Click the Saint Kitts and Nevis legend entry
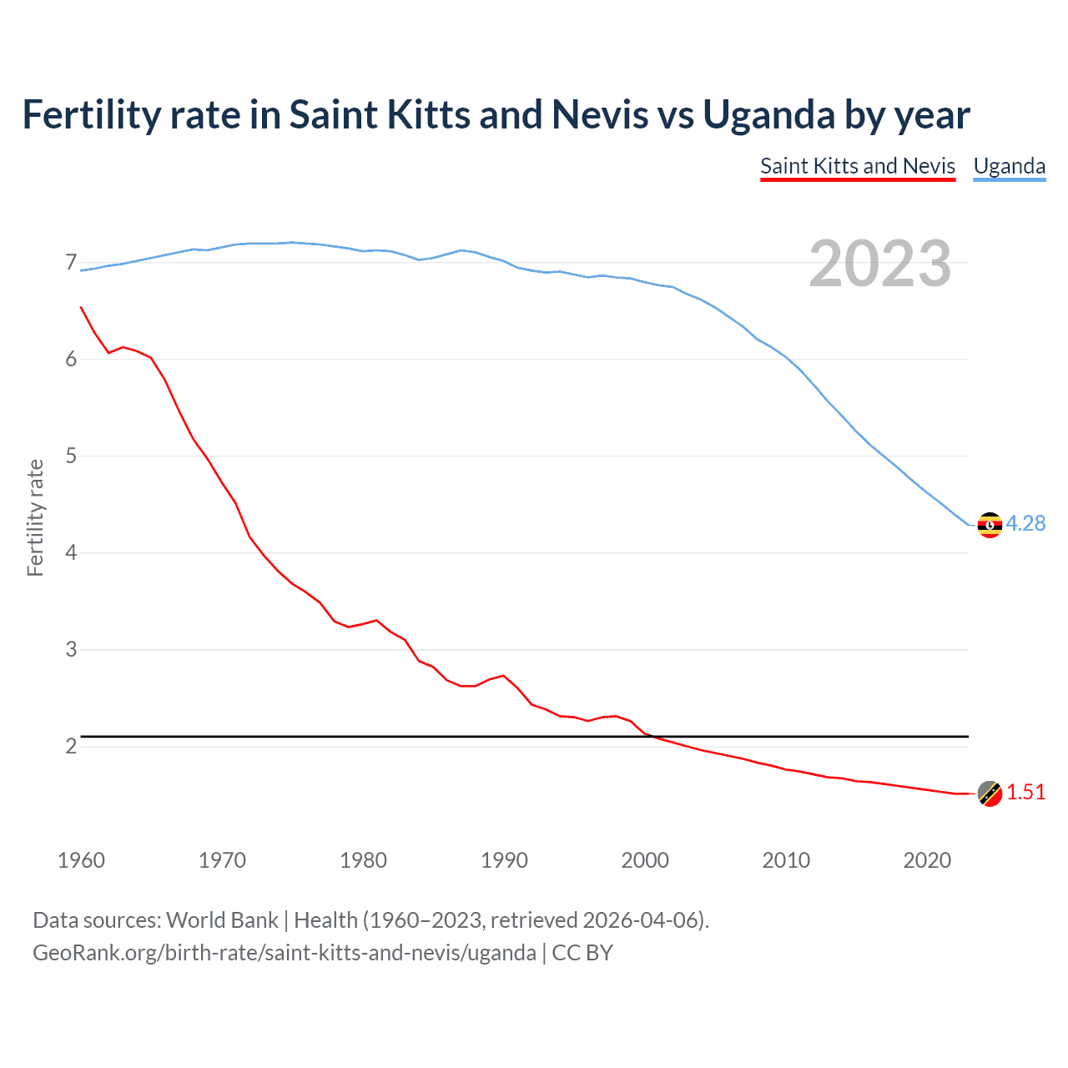857,166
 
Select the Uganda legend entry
1009,166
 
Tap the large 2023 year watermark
879,264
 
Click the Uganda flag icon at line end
990,525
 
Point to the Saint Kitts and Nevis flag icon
990,793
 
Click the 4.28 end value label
1025,523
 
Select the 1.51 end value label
1025,792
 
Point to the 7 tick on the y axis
71,263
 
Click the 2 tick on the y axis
71,746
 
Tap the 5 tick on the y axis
71,456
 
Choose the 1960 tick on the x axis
81,860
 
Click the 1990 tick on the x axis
504,860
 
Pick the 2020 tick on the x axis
927,860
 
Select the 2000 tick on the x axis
645,860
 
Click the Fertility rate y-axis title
35,517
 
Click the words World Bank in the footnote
222,920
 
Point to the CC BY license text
582,953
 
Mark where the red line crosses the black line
655,737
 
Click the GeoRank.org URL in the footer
284,953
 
